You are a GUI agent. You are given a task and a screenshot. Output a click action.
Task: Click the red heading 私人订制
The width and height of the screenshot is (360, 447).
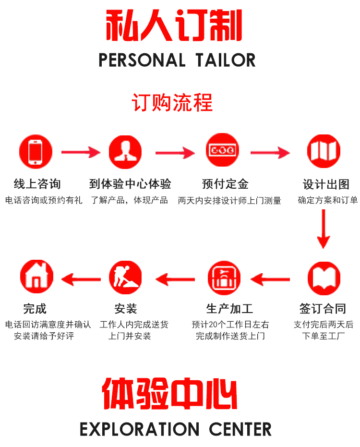pyautogui.click(x=174, y=25)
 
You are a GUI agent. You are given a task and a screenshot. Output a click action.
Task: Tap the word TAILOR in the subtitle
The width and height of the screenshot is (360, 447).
pyautogui.click(x=226, y=60)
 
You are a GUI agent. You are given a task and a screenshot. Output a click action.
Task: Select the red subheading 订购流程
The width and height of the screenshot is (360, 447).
pyautogui.click(x=172, y=103)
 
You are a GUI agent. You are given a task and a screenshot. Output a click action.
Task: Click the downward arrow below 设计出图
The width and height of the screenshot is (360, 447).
pyautogui.click(x=324, y=229)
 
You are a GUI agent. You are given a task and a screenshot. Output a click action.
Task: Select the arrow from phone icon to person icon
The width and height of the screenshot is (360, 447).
pyautogui.click(x=80, y=153)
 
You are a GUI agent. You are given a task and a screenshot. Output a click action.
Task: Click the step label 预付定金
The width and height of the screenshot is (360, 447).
pyautogui.click(x=225, y=184)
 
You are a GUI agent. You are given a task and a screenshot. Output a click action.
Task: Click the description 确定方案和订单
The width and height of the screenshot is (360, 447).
pyautogui.click(x=327, y=200)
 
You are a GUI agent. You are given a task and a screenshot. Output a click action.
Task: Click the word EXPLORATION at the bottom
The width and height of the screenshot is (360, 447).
pyautogui.click(x=139, y=429)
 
